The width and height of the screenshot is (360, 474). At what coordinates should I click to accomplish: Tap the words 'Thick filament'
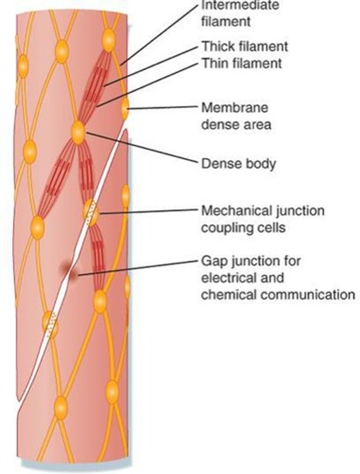tap(245, 47)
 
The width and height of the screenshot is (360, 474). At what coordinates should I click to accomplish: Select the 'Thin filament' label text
tap(242, 63)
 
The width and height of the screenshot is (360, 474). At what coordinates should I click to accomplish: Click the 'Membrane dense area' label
tap(236, 116)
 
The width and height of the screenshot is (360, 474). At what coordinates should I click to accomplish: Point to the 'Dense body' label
tap(238, 163)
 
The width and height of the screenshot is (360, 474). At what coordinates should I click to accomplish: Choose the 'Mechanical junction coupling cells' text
tap(262, 219)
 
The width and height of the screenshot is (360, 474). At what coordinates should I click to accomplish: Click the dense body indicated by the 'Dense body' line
tap(78, 132)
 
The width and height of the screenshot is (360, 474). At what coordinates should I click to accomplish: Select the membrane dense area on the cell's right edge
tap(125, 109)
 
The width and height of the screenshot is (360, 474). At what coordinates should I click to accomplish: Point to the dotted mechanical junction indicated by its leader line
tap(92, 213)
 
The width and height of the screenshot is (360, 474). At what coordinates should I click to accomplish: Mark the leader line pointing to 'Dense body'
tap(142, 148)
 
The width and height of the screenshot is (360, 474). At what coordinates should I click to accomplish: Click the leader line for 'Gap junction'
tap(138, 267)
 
